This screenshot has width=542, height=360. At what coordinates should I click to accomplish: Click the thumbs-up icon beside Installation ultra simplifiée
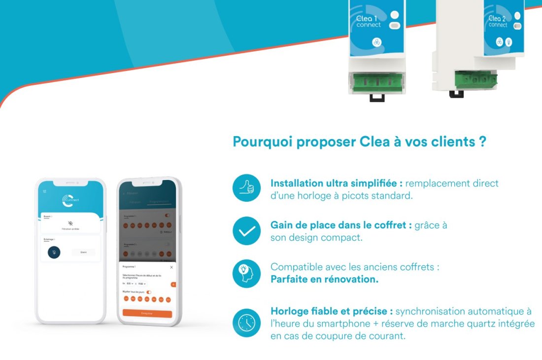click(x=246, y=188)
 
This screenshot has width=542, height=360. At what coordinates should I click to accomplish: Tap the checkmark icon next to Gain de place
click(x=246, y=231)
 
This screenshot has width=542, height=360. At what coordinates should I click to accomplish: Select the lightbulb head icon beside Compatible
click(x=246, y=273)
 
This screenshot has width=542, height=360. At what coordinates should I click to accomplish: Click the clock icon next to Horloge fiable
click(x=246, y=323)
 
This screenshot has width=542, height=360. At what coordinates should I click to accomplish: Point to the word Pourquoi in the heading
click(x=262, y=142)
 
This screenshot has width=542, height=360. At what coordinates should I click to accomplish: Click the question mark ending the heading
click(x=483, y=142)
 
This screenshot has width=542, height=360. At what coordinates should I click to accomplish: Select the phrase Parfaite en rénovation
click(x=324, y=279)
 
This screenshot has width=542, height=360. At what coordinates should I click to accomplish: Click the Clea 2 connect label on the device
click(x=498, y=21)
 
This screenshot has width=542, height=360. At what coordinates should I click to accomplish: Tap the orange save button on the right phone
click(x=147, y=313)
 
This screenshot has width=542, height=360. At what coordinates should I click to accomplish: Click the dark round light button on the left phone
click(x=54, y=252)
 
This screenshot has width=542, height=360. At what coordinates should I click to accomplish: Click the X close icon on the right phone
click(x=171, y=267)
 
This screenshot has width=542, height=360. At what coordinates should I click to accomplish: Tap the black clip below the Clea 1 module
click(x=377, y=98)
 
